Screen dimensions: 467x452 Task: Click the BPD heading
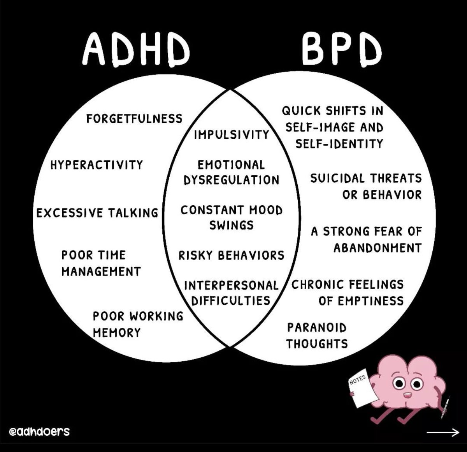341,50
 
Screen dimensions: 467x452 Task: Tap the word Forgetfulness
134,118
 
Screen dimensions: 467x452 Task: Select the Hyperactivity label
97,164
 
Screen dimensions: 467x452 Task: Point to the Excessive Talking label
97,213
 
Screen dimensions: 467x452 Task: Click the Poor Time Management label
101,263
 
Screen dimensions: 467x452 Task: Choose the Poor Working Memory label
137,324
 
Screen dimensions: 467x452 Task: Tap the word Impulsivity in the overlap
232,135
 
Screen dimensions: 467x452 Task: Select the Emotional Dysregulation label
232,172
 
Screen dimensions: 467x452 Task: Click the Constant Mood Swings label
232,217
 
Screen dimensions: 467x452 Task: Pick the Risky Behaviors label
232,256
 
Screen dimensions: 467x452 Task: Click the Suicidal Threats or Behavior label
366,186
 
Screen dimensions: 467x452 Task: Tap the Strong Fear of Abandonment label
366,240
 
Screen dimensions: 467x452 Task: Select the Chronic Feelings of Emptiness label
348,292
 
